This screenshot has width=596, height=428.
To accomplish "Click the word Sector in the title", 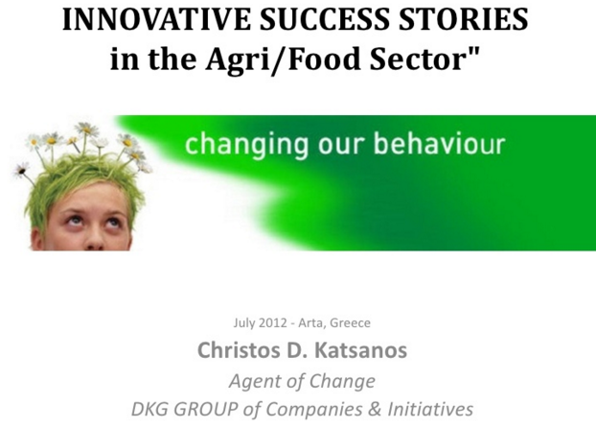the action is click(419, 59).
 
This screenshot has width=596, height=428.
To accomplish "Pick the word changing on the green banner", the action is click(246, 145).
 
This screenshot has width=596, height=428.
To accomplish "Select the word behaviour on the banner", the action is click(440, 143).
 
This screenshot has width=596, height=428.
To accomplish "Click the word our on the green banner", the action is click(341, 146).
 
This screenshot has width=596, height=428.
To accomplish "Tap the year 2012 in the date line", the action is click(273, 322).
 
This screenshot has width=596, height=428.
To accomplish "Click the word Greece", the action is click(350, 322).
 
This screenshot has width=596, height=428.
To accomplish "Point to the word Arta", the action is click(312, 323).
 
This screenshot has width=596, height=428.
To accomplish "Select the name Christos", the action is click(240, 349).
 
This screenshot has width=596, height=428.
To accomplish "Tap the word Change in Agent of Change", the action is click(342, 381).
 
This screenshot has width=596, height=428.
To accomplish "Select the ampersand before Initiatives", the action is click(375, 410).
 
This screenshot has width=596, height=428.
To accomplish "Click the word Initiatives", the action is click(430, 409).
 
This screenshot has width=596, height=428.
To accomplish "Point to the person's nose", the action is click(94, 240).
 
